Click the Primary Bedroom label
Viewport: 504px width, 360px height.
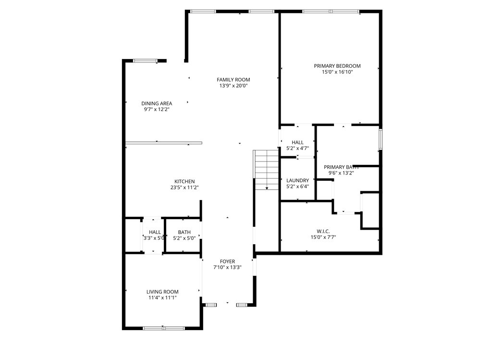337,66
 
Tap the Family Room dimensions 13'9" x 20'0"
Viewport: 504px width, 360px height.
233,86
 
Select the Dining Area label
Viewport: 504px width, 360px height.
157,103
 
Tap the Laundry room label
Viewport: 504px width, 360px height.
297,181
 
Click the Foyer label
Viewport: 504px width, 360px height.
227,261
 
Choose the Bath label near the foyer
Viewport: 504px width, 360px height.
184,232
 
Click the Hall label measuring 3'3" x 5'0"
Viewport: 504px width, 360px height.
155,232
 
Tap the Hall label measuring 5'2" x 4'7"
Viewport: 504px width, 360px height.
297,142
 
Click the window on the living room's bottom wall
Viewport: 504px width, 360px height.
163,328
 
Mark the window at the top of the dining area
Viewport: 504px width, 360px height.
145,61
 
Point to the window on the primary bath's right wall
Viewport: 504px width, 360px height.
380,139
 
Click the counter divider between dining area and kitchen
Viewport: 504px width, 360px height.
163,143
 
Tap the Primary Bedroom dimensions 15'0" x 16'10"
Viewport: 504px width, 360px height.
337,72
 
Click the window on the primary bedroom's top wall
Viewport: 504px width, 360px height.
331,12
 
